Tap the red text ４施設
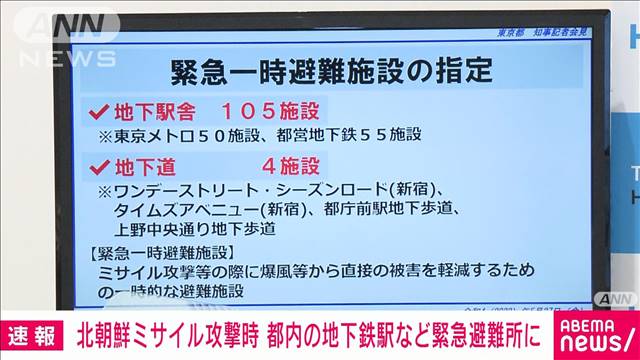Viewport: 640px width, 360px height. [x=286, y=165]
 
